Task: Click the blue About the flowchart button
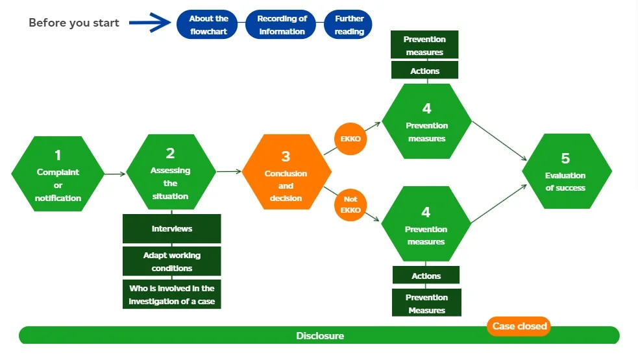pos(209,25)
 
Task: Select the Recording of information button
pos(282,25)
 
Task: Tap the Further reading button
pos(349,25)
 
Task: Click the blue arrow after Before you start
pos(149,23)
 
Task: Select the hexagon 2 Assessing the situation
pos(170,173)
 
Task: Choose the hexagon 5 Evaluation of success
pos(566,172)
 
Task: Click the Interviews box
pos(172,228)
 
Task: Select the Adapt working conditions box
pos(172,261)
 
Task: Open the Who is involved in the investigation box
pos(172,294)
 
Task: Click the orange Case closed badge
pos(519,326)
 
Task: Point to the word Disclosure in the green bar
pos(320,336)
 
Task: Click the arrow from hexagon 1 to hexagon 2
pos(114,174)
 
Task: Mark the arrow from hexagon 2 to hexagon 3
pos(228,172)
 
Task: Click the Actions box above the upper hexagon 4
pos(425,71)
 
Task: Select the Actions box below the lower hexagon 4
pos(426,276)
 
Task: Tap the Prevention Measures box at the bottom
pos(426,303)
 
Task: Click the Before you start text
pos(74,23)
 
